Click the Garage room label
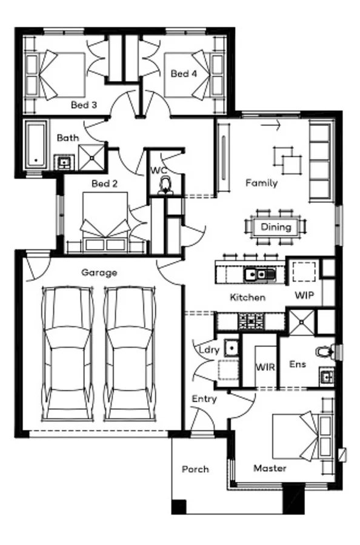99,273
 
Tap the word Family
262,183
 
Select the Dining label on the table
276,227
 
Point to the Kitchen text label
248,297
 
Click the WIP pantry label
304,296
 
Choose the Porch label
196,469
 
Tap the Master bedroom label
270,468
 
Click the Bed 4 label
184,73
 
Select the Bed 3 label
84,105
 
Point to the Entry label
204,399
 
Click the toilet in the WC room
165,185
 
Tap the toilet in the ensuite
325,352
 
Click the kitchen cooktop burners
251,321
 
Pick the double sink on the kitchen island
259,274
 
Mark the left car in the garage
67,354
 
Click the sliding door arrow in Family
270,125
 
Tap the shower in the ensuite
302,323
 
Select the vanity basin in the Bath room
64,163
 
